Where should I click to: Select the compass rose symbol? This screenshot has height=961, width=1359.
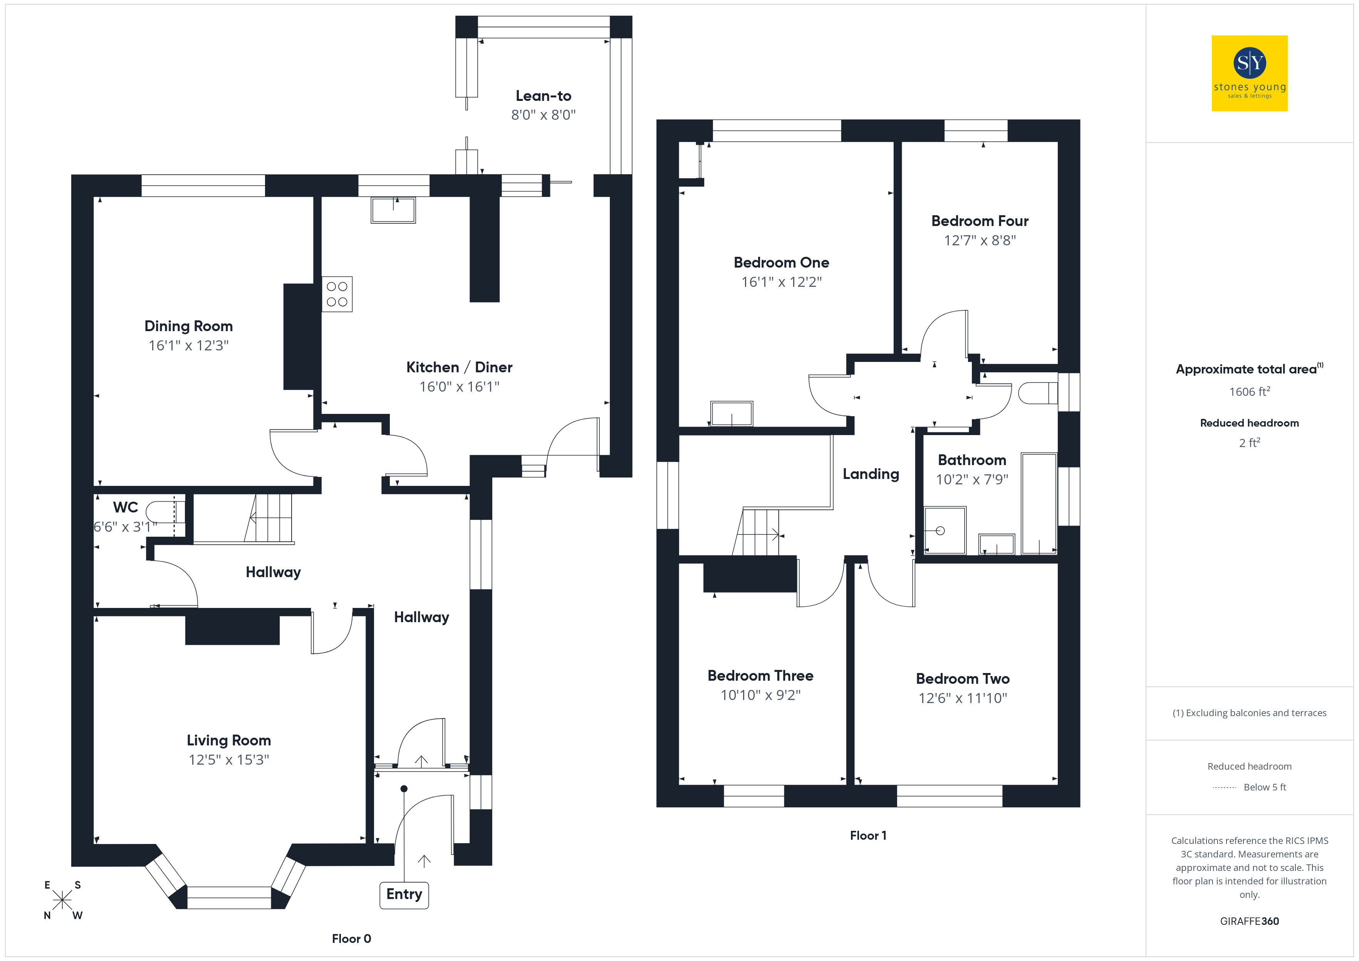pyautogui.click(x=62, y=900)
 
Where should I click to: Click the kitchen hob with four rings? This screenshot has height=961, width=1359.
pyautogui.click(x=337, y=294)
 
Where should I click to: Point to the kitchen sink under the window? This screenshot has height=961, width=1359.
pyautogui.click(x=393, y=210)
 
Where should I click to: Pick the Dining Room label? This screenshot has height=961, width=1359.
pyautogui.click(x=188, y=326)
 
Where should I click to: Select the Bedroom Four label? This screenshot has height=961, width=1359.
pyautogui.click(x=980, y=221)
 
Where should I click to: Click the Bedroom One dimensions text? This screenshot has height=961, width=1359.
pyautogui.click(x=781, y=282)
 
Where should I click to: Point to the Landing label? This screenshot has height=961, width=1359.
pyautogui.click(x=871, y=474)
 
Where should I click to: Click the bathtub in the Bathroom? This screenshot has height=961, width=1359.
pyautogui.click(x=1039, y=504)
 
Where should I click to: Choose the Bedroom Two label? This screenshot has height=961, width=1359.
pyautogui.click(x=962, y=679)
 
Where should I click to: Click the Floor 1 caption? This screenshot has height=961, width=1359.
pyautogui.click(x=868, y=835)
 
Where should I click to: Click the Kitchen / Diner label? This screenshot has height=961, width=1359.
pyautogui.click(x=459, y=367)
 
